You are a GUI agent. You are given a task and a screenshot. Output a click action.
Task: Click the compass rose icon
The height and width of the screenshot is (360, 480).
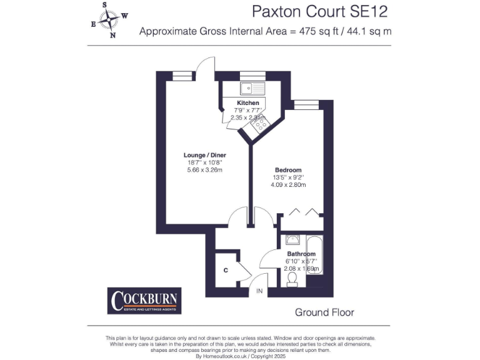tap(111, 20)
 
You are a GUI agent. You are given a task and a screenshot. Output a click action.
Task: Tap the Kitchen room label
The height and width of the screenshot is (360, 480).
tap(247, 102)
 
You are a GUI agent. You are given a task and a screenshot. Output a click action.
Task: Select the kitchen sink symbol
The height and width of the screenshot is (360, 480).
tap(252, 87)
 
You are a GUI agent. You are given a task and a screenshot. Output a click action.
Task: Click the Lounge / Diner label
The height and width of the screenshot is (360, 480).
tap(204, 155)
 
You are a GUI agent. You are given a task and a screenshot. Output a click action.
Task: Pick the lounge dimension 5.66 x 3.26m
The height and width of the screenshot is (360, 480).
tap(204, 170)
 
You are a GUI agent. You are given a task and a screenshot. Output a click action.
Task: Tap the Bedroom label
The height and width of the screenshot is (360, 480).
tap(288, 170)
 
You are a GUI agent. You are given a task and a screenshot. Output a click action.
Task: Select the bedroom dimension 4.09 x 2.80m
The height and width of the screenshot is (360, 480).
tap(288, 185)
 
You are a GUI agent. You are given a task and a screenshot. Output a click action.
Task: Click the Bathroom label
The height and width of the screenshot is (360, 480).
tap(301, 254)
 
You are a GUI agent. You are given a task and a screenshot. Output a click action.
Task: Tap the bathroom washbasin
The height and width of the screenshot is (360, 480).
tap(292, 239)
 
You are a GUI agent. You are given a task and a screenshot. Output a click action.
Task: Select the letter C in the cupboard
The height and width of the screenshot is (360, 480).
tap(226, 271)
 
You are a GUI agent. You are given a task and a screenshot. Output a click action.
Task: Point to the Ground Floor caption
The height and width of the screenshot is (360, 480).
tap(324, 312)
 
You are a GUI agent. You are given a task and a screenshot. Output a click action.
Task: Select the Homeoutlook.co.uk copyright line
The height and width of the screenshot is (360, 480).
tap(240, 356)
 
